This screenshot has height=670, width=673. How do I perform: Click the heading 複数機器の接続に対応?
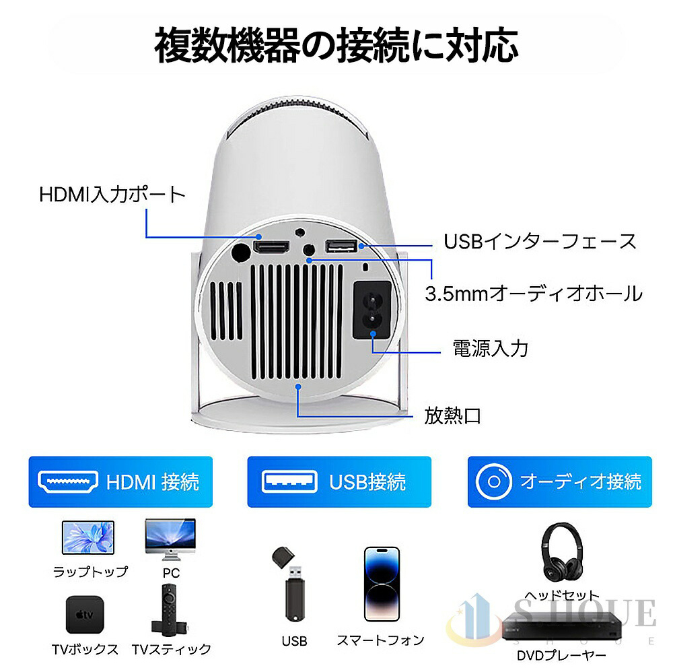pyautogui.click(x=336, y=45)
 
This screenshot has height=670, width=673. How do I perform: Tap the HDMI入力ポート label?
pyautogui.click(x=112, y=195)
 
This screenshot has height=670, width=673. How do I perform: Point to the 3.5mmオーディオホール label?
pyautogui.click(x=534, y=293)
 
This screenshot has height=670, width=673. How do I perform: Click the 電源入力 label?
pyautogui.click(x=490, y=348)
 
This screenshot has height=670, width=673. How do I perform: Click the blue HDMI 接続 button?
pyautogui.click(x=120, y=481)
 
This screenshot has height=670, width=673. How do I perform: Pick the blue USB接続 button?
pyautogui.click(x=339, y=481)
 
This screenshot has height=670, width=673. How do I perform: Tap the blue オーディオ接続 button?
pyautogui.click(x=559, y=481)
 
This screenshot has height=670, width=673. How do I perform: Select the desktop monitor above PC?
pyautogui.click(x=170, y=537)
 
